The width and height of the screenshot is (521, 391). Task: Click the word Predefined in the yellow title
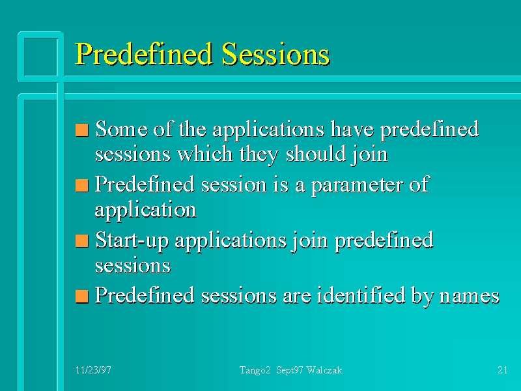[143, 55]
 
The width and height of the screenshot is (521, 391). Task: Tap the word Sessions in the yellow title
[275, 54]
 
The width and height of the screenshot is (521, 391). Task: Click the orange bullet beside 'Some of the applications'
[82, 130]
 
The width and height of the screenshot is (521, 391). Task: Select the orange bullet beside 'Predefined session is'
[82, 186]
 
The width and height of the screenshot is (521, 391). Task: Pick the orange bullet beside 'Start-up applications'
[82, 241]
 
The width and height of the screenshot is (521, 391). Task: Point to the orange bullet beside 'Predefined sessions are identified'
[82, 297]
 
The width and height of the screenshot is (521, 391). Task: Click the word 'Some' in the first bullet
[122, 128]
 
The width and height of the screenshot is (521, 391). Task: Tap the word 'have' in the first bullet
[352, 128]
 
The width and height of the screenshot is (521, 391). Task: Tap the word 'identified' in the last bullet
[361, 295]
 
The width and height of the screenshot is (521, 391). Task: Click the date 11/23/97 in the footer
[93, 370]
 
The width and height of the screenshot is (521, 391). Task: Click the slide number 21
[502, 370]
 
